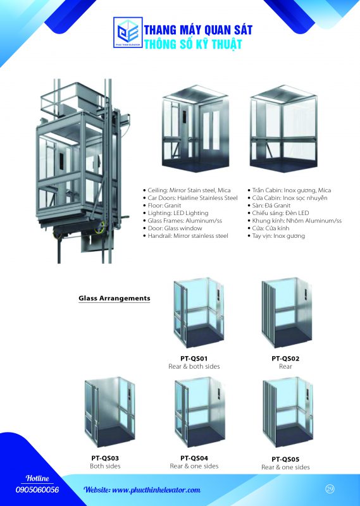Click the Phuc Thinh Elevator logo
tap(128, 32)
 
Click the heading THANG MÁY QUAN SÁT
tap(198, 30)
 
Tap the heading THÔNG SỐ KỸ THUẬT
tap(193, 44)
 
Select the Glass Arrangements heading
tap(115, 298)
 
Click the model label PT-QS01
tap(194, 358)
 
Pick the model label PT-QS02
tap(285, 358)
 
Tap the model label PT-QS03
tap(105, 458)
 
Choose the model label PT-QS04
tap(194, 458)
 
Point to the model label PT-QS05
tap(285, 459)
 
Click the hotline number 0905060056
tap(37, 490)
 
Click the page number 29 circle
tap(330, 489)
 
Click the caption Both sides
tap(105, 466)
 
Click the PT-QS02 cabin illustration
tap(287, 312)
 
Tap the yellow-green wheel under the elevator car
tap(99, 228)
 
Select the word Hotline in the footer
tap(37, 478)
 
